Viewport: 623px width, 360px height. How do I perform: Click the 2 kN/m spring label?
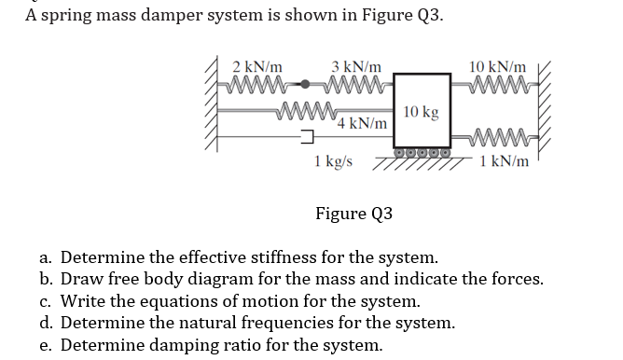pyautogui.click(x=258, y=67)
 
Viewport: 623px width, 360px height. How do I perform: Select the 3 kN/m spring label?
pyautogui.click(x=355, y=67)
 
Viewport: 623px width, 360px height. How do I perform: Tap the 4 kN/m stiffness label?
pyautogui.click(x=363, y=123)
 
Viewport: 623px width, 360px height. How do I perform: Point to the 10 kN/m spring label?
pyautogui.click(x=498, y=67)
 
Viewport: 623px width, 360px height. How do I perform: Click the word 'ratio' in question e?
pyautogui.click(x=238, y=344)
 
